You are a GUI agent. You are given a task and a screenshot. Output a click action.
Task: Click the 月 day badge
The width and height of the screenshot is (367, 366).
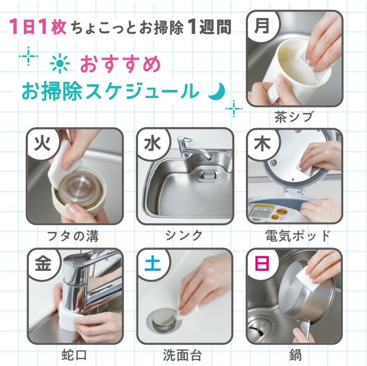click(262, 26)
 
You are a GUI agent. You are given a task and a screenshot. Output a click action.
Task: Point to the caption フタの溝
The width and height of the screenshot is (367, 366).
click(73, 236)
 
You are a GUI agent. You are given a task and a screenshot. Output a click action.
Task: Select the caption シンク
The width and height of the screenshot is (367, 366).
click(184, 236)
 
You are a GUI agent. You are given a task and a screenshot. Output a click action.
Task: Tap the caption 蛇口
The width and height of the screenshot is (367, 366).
click(74, 355)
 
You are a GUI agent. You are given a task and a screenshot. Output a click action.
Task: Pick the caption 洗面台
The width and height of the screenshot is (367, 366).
click(184, 355)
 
